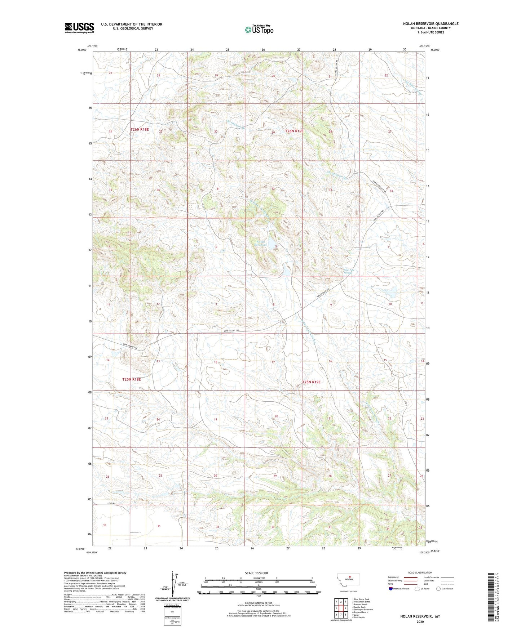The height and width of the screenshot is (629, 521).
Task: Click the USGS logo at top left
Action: point(79,28)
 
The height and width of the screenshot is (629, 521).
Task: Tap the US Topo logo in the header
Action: point(259,30)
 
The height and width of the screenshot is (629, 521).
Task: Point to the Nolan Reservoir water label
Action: point(260,243)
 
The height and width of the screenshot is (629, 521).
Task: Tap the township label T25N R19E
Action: point(311,382)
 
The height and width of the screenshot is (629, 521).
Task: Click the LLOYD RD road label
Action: point(113,503)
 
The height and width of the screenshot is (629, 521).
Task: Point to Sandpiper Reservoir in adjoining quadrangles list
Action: point(363,610)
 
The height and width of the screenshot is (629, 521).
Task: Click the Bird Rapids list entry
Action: point(358,617)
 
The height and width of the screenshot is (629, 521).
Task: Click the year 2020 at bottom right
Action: point(420,621)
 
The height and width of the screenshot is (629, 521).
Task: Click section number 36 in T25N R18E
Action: point(159,526)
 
